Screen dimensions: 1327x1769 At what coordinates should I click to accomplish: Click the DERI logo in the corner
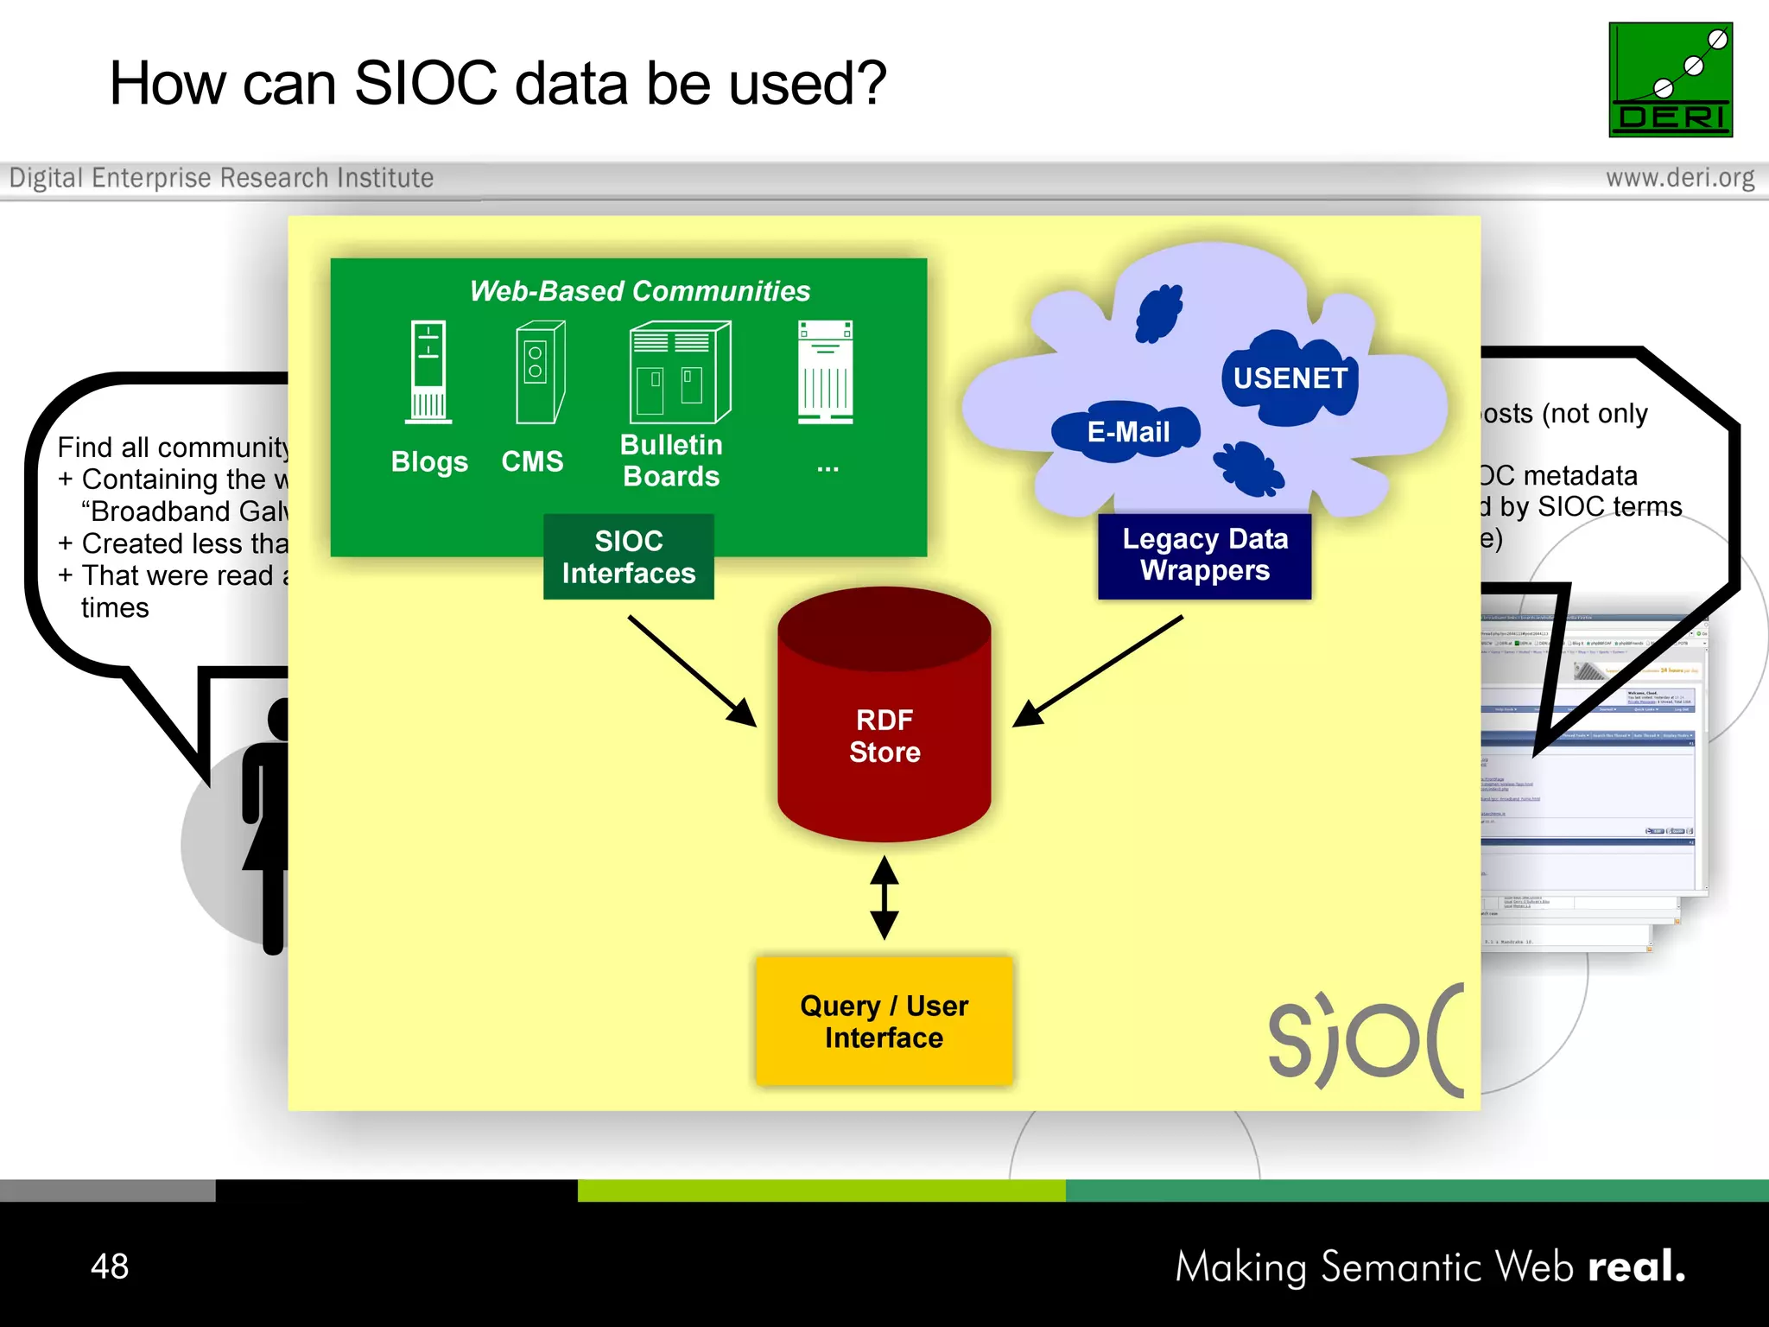coord(1670,79)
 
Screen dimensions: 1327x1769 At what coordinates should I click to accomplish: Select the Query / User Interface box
coord(884,1021)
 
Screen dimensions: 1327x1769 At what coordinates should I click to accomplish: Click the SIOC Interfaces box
coord(628,557)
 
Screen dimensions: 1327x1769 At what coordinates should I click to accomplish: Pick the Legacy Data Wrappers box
coord(1204,556)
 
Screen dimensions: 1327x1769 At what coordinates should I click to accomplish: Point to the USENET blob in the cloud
coord(1289,378)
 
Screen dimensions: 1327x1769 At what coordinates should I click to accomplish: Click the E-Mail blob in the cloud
coord(1127,432)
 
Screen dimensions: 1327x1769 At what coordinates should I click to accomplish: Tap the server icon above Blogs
coord(428,372)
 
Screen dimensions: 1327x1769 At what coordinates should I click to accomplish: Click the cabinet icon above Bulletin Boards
coord(680,372)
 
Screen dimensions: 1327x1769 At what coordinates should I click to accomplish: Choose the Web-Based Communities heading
coord(639,291)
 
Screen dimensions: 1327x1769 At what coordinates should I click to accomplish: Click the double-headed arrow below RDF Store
coord(884,898)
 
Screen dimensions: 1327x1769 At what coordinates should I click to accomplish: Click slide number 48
coord(110,1267)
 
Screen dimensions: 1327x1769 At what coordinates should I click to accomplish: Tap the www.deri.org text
coord(1679,178)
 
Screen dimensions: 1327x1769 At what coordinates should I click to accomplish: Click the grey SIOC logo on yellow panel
coord(1365,1041)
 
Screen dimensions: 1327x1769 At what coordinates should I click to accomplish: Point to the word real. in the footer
coord(1636,1267)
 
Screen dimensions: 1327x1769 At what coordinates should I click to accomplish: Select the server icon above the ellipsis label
coord(826,372)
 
